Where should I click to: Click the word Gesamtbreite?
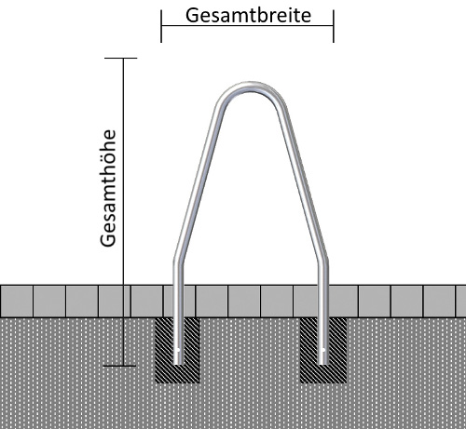click(x=248, y=15)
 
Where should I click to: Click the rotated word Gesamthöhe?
click(x=108, y=188)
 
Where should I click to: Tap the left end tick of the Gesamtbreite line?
click(x=161, y=26)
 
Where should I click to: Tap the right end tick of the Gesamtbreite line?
click(x=334, y=26)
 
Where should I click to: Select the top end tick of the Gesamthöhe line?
click(x=121, y=58)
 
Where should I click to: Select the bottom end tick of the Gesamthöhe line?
click(x=119, y=366)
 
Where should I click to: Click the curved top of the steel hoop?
click(x=251, y=87)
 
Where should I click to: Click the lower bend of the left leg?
click(x=178, y=260)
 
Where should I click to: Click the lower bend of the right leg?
click(x=323, y=260)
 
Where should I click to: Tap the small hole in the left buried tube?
click(x=178, y=351)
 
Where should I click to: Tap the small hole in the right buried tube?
click(x=323, y=351)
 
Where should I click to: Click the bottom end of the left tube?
click(x=178, y=363)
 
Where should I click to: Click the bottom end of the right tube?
click(x=323, y=363)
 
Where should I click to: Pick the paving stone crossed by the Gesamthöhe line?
click(x=114, y=302)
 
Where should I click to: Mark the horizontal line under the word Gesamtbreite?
click(x=247, y=25)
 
